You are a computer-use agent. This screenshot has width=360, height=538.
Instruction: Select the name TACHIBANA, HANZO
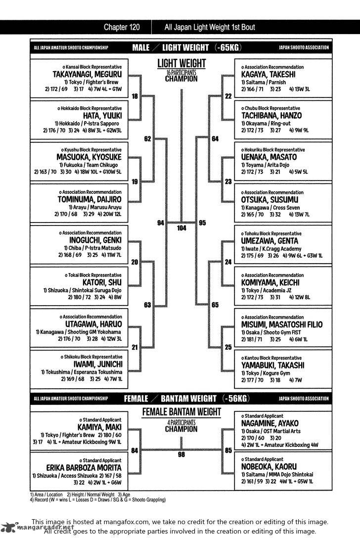point(271,116)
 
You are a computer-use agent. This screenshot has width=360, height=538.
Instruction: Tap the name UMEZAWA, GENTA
point(270,241)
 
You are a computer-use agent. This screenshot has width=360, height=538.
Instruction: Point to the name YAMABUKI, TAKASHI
point(273,365)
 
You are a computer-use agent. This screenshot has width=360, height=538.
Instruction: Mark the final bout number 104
point(181,228)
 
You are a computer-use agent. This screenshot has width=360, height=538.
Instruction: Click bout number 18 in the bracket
point(135,96)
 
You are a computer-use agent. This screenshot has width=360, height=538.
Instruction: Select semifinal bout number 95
point(202,223)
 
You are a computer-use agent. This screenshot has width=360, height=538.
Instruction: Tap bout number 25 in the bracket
point(228,347)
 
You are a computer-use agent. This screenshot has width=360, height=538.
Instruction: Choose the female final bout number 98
point(181,454)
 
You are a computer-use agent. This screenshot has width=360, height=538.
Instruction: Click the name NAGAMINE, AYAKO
point(270,424)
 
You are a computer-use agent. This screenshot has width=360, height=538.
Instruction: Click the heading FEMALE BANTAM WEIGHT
point(181,412)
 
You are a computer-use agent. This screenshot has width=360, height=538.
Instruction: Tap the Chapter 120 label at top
point(123,27)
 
